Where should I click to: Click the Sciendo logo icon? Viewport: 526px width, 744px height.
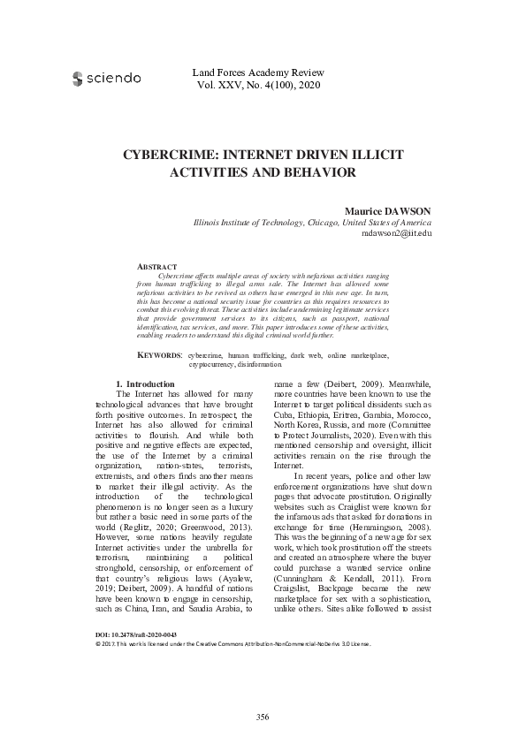78,79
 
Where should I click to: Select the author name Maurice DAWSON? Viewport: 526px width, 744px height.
386,212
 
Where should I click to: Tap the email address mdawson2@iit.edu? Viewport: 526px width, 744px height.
397,234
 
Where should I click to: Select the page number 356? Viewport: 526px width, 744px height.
263,715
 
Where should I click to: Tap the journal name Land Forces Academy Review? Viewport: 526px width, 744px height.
257,72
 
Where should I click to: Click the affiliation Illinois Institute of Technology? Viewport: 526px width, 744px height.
252,224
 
